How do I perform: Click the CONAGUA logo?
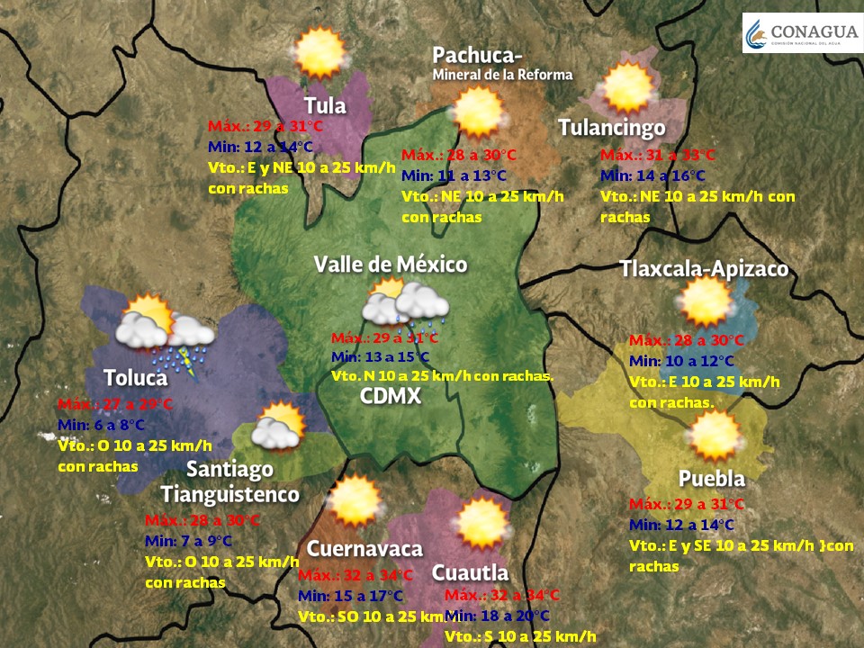point(801,33)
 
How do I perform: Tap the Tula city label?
point(325,105)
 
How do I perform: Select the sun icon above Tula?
point(319,53)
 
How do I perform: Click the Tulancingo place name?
point(611,128)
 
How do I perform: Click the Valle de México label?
point(391,264)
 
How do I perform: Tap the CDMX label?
point(391,396)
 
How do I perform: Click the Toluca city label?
point(135,377)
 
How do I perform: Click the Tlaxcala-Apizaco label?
point(704,268)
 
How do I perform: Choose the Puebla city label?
point(711,478)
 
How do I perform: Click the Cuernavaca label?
point(364,549)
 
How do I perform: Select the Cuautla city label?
point(470,573)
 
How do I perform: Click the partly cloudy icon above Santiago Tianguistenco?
point(277,427)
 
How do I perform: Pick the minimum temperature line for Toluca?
point(100,425)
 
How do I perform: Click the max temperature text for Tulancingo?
point(658,156)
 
